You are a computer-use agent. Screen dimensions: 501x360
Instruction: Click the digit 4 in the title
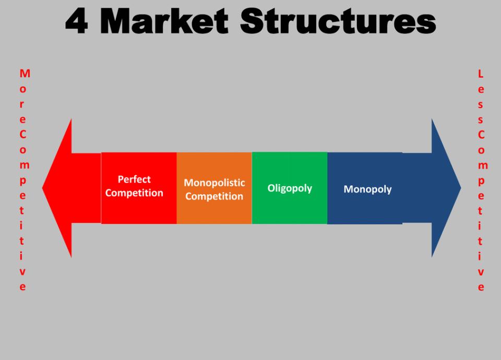(76, 21)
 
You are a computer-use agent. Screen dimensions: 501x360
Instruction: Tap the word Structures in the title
(338, 21)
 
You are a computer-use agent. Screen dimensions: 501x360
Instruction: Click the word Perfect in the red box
(134, 179)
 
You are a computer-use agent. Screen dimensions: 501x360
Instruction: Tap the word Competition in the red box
(134, 193)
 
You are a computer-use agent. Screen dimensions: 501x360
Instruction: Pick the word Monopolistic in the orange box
(214, 183)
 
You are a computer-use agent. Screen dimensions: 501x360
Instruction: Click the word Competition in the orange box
(214, 196)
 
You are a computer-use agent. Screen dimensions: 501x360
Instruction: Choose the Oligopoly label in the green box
(290, 188)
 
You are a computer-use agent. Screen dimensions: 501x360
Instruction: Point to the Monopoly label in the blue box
(367, 189)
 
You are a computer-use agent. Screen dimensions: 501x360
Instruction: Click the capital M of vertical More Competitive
(25, 74)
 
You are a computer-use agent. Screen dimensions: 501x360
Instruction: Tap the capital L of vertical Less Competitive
(481, 74)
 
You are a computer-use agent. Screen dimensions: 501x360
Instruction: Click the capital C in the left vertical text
(22, 135)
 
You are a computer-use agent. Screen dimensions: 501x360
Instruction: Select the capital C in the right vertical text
(481, 135)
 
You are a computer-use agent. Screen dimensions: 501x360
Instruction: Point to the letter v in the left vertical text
(22, 272)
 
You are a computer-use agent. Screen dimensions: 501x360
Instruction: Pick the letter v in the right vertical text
(481, 272)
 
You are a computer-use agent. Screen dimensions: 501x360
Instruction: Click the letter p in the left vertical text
(22, 181)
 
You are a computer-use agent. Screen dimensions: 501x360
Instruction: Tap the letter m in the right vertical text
(483, 165)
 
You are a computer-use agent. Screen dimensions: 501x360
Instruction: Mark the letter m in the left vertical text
(25, 165)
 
